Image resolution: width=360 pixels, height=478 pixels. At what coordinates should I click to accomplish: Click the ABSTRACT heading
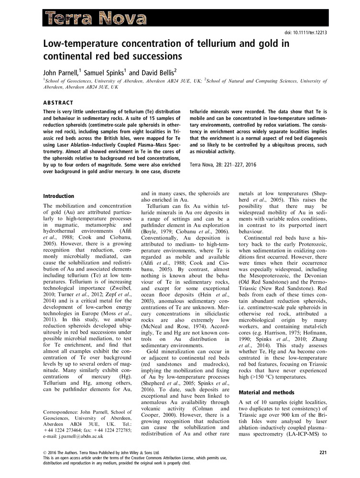[58, 103]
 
